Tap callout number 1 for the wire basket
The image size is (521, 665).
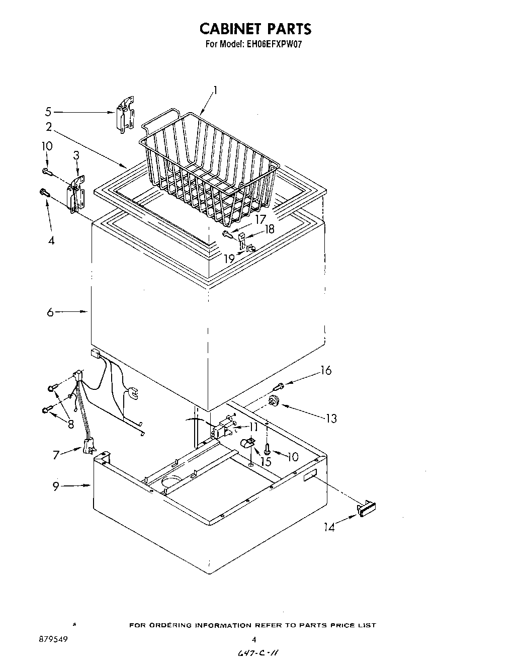pos(215,91)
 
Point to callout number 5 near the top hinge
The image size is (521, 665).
pos(48,111)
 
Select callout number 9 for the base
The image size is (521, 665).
pos(56,486)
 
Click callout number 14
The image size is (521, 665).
pos(329,527)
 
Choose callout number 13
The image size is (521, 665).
pos(331,418)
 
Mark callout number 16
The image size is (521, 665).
pos(326,371)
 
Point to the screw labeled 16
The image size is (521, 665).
pos(278,386)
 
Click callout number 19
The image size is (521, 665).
pos(229,259)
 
